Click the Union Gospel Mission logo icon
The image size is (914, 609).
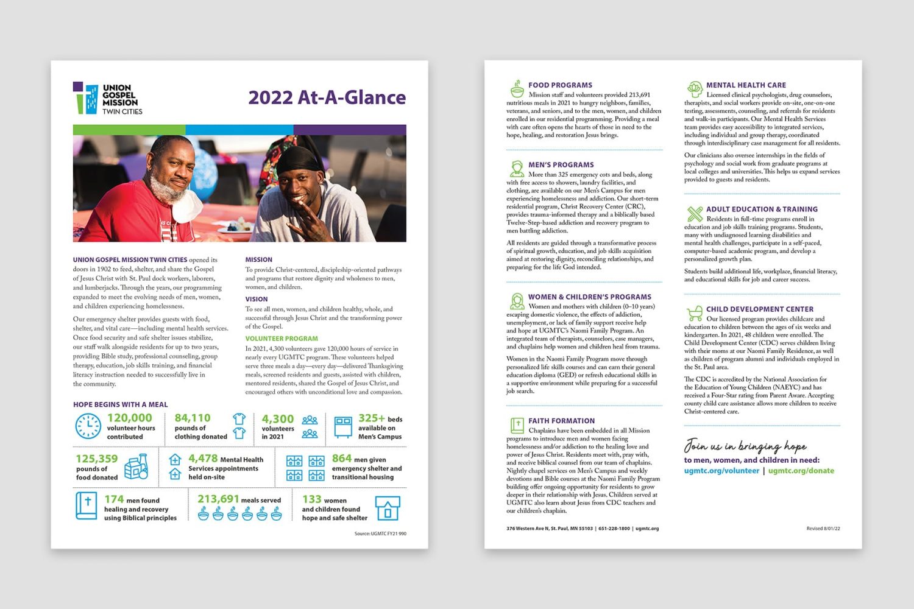click(x=85, y=99)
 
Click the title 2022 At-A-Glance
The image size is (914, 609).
click(x=327, y=97)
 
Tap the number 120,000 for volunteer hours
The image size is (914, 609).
click(x=129, y=418)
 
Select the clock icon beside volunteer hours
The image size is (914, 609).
click(x=88, y=426)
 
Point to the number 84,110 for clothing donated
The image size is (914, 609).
click(x=193, y=418)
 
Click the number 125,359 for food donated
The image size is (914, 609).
click(x=96, y=459)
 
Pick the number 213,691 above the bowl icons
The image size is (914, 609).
click(x=218, y=499)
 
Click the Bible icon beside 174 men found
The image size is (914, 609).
click(x=86, y=506)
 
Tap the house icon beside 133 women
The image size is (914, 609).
click(x=388, y=508)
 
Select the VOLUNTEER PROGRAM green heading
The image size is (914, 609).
click(x=282, y=339)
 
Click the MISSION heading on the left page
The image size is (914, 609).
click(x=259, y=259)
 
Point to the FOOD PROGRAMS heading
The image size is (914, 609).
click(x=560, y=85)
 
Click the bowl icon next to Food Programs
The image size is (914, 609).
click(x=517, y=90)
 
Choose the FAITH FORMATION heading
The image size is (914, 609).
click(x=561, y=421)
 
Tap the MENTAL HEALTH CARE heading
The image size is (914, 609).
click(x=746, y=85)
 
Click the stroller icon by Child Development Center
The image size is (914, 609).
click(x=694, y=314)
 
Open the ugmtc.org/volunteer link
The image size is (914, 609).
click(x=721, y=471)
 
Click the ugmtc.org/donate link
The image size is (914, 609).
click(x=801, y=471)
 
